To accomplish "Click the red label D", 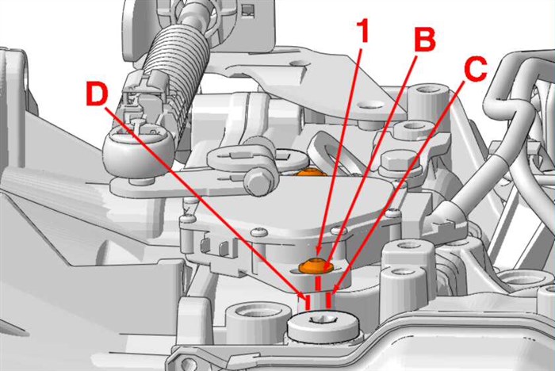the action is tap(97, 93).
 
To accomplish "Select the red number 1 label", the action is tap(362, 31).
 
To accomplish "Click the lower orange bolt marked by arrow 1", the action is tap(316, 266).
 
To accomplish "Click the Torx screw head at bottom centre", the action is tap(323, 326).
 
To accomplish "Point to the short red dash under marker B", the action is tap(318, 285).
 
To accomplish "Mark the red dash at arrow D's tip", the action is tap(308, 302).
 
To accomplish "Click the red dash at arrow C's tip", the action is tap(328, 300).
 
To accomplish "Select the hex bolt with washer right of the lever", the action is tap(399, 163).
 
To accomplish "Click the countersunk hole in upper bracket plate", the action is tap(371, 105).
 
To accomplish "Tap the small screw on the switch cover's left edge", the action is tap(187, 220).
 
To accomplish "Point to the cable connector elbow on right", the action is tap(446, 217).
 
